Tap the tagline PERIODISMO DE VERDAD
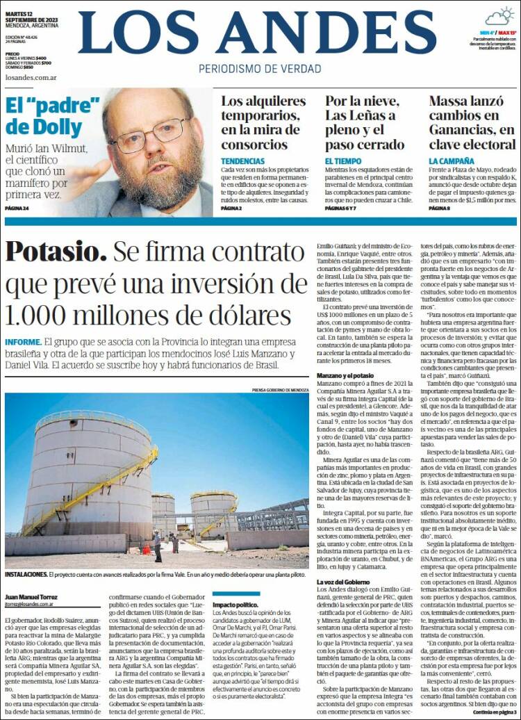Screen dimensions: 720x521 pos(260,69)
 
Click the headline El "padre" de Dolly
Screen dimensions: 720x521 pos(53,116)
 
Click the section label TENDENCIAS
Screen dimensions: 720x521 pos(242,161)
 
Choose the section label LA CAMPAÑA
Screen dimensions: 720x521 pos(452,161)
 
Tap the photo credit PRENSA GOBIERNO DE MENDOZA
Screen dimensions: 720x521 pos(280,390)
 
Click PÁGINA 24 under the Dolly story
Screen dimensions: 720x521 pos(17,208)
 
